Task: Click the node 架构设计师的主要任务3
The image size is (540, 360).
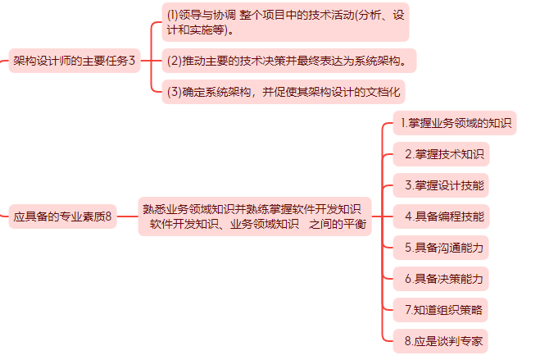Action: tap(74, 60)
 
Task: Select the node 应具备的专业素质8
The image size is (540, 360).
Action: tap(62, 217)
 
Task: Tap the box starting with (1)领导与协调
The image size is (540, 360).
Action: tap(285, 22)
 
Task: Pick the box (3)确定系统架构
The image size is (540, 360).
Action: tap(284, 91)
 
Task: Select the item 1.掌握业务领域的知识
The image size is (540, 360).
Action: tap(455, 123)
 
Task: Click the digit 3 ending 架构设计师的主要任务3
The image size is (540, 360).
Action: tap(132, 60)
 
